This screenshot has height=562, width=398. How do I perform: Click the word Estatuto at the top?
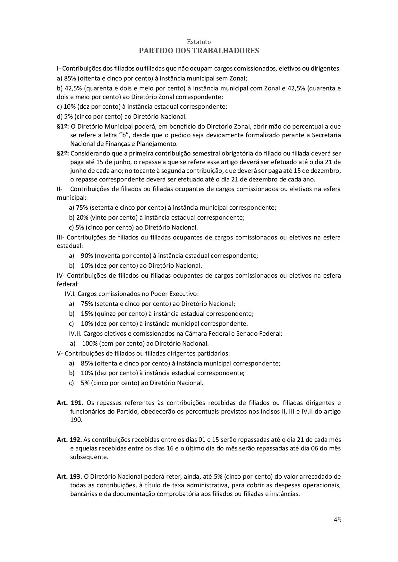coord(199,42)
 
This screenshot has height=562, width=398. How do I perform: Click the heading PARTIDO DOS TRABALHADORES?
coord(199,51)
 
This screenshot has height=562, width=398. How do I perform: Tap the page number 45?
coord(337,520)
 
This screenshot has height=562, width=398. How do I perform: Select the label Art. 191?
coord(70,403)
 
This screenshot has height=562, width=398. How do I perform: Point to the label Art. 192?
coord(69,440)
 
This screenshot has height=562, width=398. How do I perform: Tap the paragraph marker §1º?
coord(63,127)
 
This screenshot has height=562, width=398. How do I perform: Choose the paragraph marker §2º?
coord(63,153)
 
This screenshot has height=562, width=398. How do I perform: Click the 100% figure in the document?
coord(90,343)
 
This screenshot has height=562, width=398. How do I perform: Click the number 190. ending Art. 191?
coord(76,420)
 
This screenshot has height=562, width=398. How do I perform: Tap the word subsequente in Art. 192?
coord(89,457)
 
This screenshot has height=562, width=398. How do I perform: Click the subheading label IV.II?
coord(75,333)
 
